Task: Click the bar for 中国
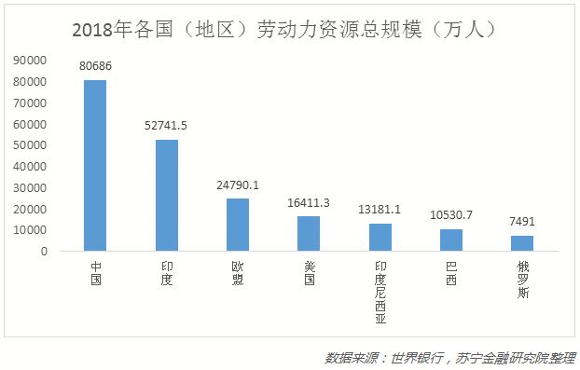(95, 165)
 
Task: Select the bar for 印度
(166, 195)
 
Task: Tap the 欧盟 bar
(238, 225)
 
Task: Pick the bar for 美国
(309, 233)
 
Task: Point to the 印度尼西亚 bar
(380, 237)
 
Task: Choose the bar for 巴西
(451, 240)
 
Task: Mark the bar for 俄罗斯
(522, 242)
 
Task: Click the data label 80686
(95, 67)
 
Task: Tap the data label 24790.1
(238, 185)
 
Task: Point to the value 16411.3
(309, 203)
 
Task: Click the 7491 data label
(522, 222)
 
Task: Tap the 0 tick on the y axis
(43, 251)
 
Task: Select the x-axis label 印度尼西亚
(380, 291)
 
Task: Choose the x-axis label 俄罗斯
(522, 280)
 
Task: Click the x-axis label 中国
(95, 274)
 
